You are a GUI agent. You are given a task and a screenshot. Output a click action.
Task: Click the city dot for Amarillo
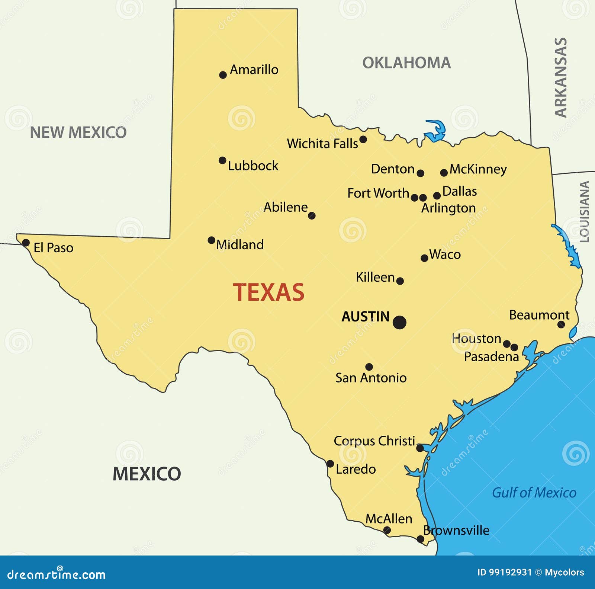pyautogui.click(x=223, y=75)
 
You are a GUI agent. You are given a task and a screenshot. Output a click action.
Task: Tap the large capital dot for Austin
pyautogui.click(x=399, y=322)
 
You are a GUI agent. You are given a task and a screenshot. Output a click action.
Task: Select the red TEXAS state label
pyautogui.click(x=268, y=292)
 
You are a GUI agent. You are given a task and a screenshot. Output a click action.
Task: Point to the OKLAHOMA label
pyautogui.click(x=406, y=63)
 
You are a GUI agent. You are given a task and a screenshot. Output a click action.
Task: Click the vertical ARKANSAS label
pyautogui.click(x=561, y=77)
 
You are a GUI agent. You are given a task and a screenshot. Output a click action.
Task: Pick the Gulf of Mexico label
pyautogui.click(x=534, y=493)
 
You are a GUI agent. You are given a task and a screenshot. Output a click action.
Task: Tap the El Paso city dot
pyautogui.click(x=26, y=243)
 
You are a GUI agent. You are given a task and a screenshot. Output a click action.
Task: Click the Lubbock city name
pyautogui.click(x=253, y=166)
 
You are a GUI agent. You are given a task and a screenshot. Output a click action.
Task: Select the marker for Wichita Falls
pyautogui.click(x=363, y=140)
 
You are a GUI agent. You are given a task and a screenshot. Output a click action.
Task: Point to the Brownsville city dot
pyautogui.click(x=420, y=539)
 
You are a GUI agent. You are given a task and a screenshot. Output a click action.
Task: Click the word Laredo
pyautogui.click(x=356, y=469)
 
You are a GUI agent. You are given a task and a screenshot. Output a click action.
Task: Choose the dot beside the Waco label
pyautogui.click(x=424, y=258)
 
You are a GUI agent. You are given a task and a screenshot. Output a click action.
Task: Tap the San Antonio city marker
pyautogui.click(x=369, y=367)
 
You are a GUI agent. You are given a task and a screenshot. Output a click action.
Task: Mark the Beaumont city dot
pyautogui.click(x=561, y=324)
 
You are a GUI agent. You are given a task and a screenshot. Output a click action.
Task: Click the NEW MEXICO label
pyautogui.click(x=78, y=132)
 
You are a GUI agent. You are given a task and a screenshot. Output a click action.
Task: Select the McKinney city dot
pyautogui.click(x=444, y=173)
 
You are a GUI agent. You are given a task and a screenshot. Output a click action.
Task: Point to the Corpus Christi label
pyautogui.click(x=374, y=441)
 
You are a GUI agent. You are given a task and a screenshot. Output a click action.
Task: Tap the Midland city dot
pyautogui.click(x=211, y=240)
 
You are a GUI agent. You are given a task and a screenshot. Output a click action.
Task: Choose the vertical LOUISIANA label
pyautogui.click(x=585, y=212)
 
